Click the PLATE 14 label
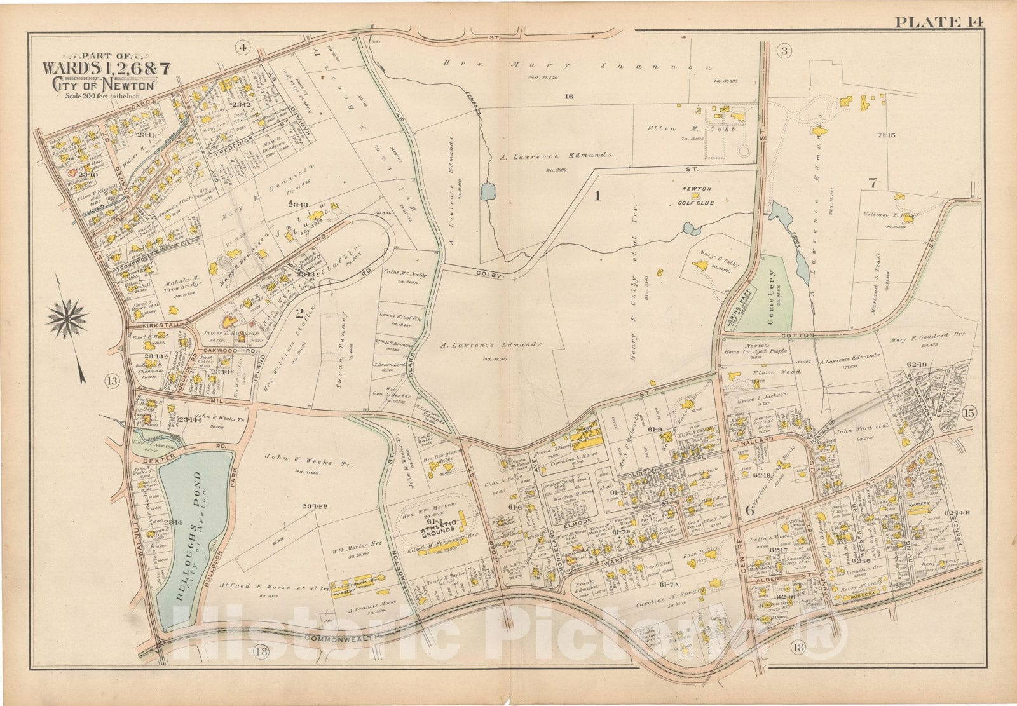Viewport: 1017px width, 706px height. [x=939, y=22]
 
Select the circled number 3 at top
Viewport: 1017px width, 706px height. [x=784, y=51]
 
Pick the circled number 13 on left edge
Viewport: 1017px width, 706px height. [x=112, y=381]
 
